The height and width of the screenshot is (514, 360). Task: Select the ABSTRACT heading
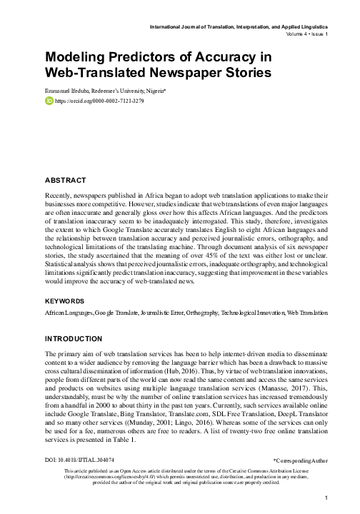(x=65, y=180)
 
